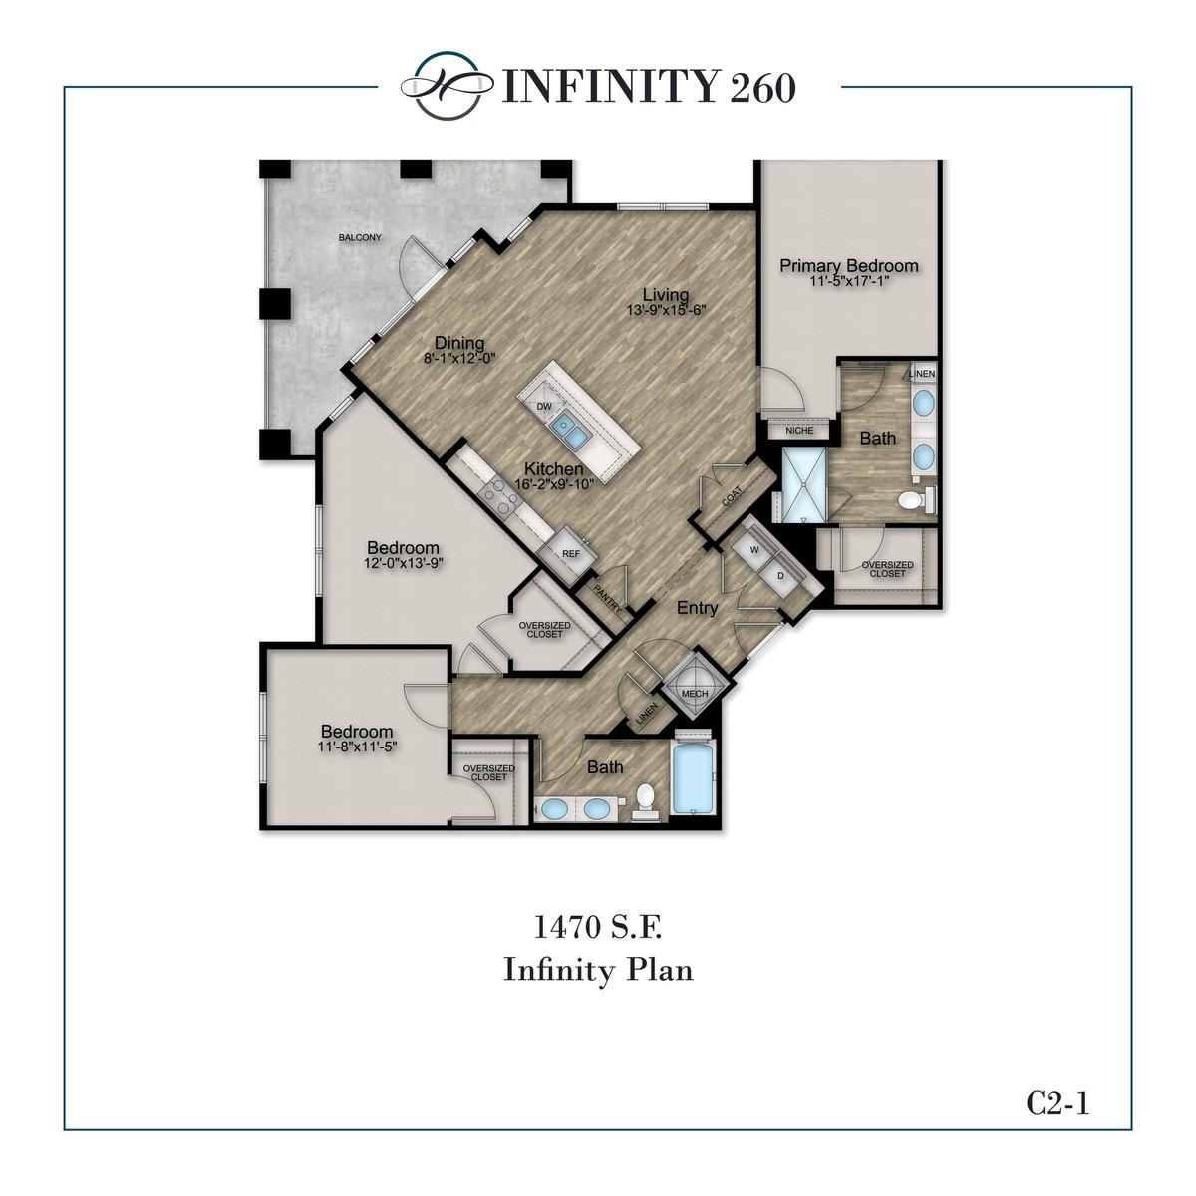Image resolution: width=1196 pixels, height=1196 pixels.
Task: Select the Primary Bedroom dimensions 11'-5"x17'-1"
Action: pos(849,282)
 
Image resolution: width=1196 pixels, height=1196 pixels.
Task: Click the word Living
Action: pos(665,294)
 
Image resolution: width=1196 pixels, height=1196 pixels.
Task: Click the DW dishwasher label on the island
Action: pos(544,407)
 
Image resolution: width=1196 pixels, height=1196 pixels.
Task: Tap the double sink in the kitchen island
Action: pos(570,430)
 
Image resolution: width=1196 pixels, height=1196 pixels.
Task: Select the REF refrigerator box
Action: pos(571,554)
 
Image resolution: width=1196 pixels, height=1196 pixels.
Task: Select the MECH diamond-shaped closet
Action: pos(694,694)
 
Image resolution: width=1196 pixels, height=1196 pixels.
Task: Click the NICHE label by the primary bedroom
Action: pos(799,431)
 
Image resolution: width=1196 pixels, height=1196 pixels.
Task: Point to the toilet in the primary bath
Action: pos(912,498)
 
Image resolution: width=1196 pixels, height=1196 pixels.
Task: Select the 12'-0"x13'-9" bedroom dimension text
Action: pos(403,563)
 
